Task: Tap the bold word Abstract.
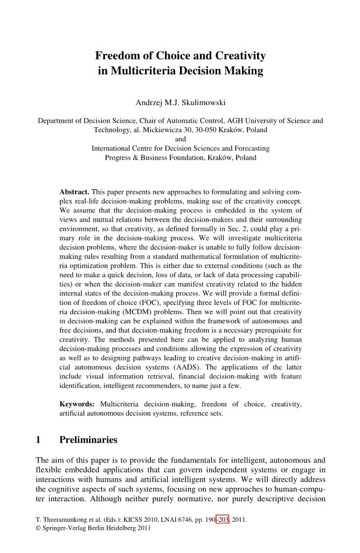click(74, 192)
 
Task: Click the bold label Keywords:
click(77, 404)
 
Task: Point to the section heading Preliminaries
click(88, 440)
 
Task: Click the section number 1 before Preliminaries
click(38, 440)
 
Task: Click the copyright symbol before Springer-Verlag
click(38, 528)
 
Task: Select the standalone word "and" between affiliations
click(181, 139)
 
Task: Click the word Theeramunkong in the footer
click(64, 520)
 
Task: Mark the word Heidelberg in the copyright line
click(117, 528)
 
